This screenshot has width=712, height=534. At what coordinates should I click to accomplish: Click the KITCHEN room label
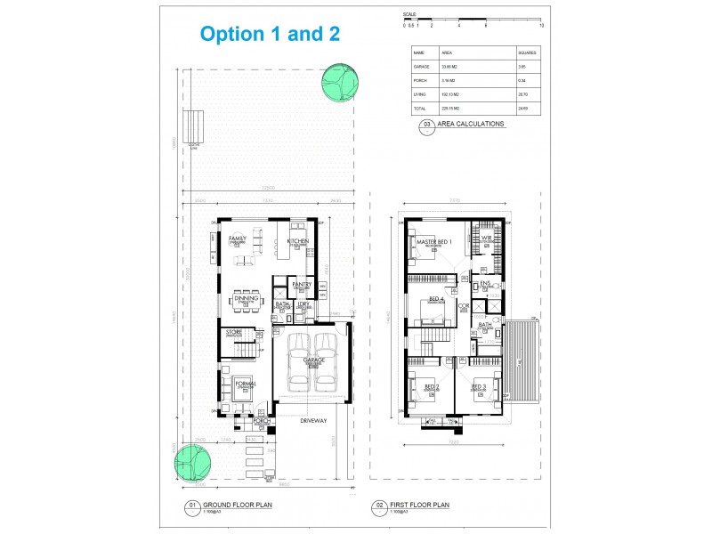click(x=297, y=241)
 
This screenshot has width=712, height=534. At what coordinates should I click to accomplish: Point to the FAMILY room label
click(x=237, y=239)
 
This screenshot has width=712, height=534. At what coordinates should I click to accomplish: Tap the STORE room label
click(x=234, y=332)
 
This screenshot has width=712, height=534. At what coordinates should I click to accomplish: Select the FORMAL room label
click(x=246, y=383)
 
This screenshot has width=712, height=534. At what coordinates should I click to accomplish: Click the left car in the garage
click(x=300, y=361)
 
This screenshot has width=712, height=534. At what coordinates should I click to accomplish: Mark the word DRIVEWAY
click(x=312, y=418)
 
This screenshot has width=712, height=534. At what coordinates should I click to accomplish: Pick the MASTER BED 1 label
click(x=434, y=242)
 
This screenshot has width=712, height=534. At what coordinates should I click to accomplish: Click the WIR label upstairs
click(x=487, y=239)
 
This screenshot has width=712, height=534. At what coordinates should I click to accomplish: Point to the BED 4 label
click(x=436, y=299)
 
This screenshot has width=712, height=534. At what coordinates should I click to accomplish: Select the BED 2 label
click(x=431, y=385)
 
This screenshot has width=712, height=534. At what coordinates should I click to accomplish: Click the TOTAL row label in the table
click(x=421, y=107)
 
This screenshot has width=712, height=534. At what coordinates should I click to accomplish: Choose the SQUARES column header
click(x=528, y=53)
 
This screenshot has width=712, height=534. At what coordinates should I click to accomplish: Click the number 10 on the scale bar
click(x=541, y=25)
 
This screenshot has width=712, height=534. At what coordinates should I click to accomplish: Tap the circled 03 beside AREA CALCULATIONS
click(x=427, y=125)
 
